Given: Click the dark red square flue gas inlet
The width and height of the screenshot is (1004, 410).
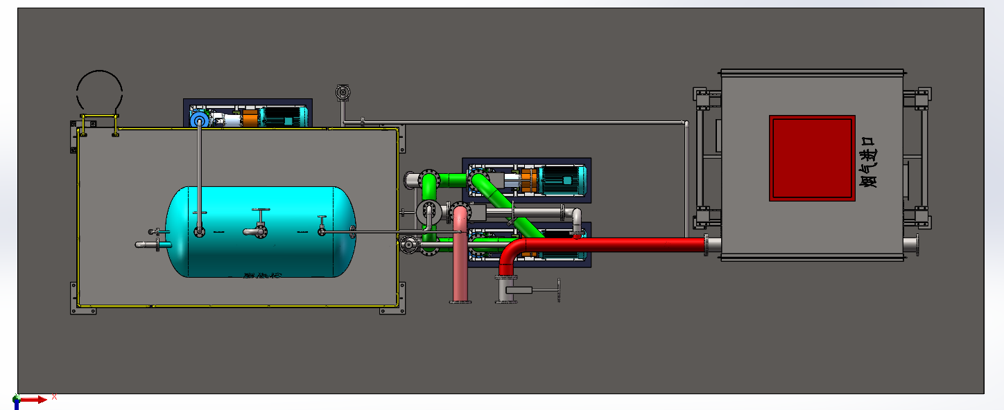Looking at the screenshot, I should [x=811, y=158].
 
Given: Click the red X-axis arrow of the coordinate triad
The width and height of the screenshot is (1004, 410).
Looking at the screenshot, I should [x=35, y=399].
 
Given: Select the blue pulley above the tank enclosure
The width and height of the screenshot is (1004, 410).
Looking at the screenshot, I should [x=200, y=121].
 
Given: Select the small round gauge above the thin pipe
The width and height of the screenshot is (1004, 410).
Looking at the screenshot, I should [x=342, y=92].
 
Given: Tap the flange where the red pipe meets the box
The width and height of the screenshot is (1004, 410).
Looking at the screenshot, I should [x=707, y=244].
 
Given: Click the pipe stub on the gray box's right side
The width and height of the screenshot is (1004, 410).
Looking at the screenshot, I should [x=912, y=244].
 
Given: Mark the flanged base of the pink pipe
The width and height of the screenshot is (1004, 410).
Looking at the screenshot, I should [x=460, y=301].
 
